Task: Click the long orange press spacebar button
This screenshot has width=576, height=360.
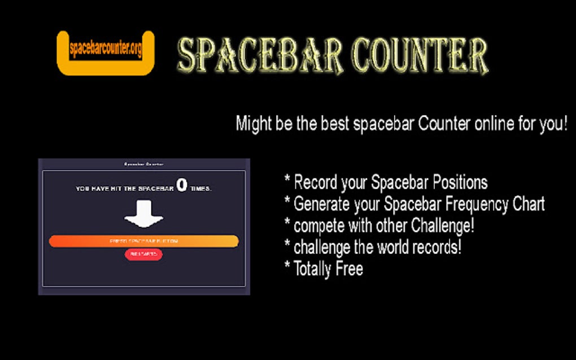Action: point(143,241)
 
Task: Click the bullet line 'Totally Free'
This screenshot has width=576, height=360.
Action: point(328,269)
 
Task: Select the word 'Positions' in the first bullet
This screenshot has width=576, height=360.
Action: point(460,183)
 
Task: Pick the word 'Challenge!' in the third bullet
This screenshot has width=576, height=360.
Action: point(442,226)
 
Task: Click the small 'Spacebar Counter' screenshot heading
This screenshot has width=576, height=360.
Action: point(143,164)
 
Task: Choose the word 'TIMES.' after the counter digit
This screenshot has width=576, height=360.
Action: point(200,188)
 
